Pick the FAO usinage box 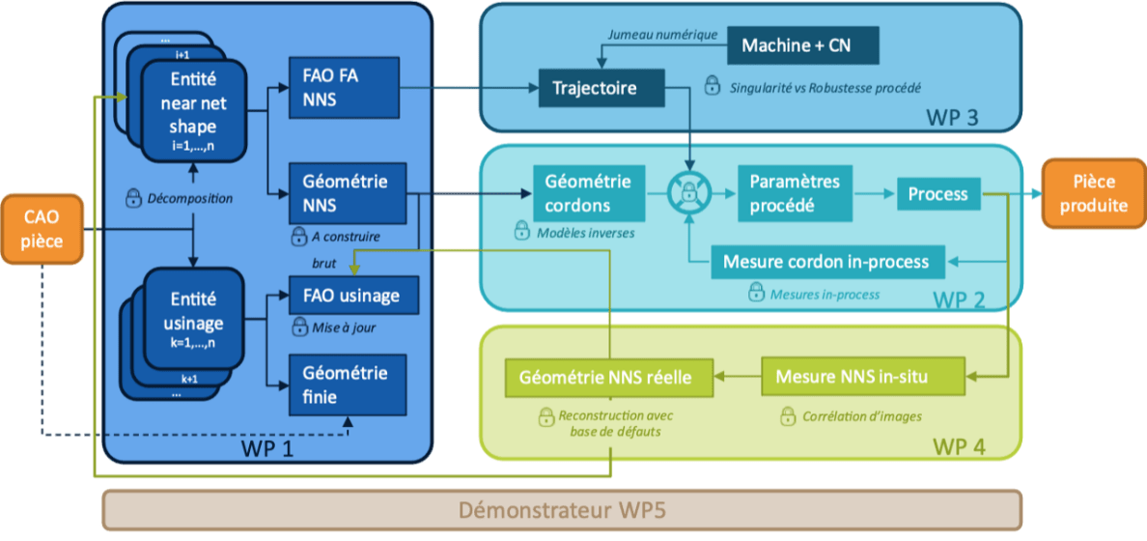(x=353, y=294)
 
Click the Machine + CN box (x=797, y=44)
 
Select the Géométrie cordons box (x=588, y=193)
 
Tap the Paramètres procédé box (x=795, y=193)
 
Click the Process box (x=937, y=193)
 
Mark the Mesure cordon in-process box (x=825, y=262)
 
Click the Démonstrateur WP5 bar (x=561, y=509)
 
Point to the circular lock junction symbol (x=689, y=193)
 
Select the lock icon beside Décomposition (x=134, y=199)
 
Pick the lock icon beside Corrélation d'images (x=786, y=417)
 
